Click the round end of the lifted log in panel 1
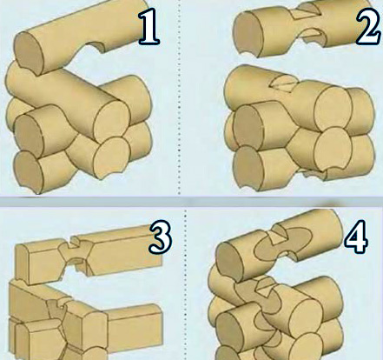pos(29,54)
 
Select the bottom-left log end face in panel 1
pos(29,172)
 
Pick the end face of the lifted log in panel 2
pos(248,34)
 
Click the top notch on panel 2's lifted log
pos(307,12)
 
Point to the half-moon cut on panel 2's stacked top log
pos(281,83)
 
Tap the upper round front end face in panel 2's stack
pos(333,108)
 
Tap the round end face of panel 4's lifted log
pos(231,263)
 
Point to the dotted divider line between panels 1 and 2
pos(179,97)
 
